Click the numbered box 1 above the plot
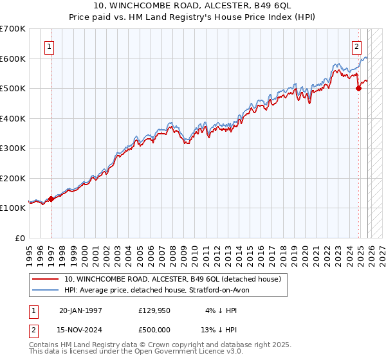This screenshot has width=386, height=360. [50, 46]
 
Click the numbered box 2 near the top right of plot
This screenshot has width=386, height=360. [356, 46]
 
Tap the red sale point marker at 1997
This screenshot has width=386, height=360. [51, 199]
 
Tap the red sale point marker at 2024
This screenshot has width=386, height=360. [359, 89]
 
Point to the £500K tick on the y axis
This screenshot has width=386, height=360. [13, 89]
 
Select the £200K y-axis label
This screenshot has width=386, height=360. [13, 178]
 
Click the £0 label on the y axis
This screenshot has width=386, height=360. [21, 238]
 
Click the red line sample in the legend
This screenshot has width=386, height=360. [46, 280]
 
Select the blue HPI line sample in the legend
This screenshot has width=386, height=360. [46, 291]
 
